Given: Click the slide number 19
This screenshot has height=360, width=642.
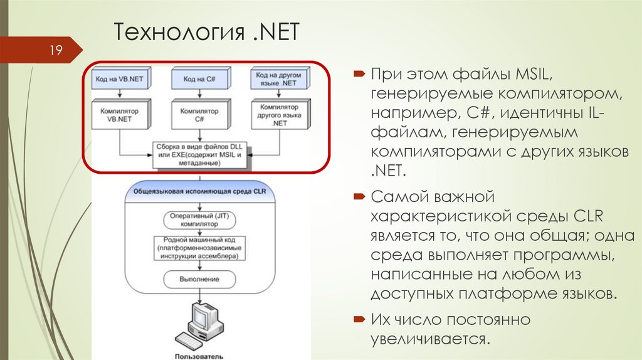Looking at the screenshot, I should click(55, 50).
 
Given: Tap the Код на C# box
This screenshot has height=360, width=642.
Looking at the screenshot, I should click(200, 80).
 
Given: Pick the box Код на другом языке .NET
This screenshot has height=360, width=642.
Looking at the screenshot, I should click(280, 79).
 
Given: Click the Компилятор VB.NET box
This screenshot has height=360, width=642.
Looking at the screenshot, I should click(118, 115).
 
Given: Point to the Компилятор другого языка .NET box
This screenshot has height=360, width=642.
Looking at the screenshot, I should click(280, 115).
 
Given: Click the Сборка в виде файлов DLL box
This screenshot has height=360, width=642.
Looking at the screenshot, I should click(200, 154).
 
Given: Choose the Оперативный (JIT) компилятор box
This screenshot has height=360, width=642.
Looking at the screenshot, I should click(199, 218).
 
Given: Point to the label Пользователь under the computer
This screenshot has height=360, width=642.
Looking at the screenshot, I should click(198, 356).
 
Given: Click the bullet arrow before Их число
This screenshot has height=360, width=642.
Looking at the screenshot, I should click(359, 319).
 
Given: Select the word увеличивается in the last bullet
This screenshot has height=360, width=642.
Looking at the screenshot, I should click(429, 339).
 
